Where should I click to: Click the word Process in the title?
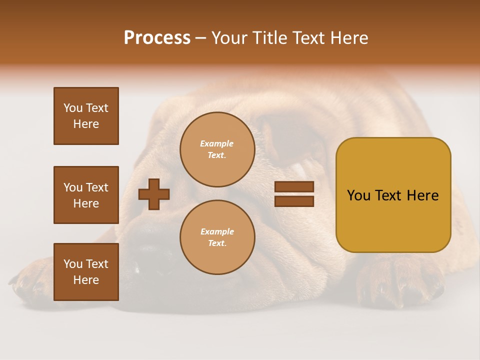157,38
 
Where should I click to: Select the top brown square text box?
86,116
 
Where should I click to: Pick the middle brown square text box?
86,195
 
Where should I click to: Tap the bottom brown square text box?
86,272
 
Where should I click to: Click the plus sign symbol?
154,194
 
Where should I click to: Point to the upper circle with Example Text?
217,149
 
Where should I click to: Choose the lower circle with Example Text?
217,237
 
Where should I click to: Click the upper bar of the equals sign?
294,186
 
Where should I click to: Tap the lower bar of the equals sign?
294,201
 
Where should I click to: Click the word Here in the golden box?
422,195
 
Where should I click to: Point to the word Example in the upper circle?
217,144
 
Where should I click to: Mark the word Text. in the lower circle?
217,243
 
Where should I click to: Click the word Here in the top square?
86,124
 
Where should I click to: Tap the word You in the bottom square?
73,264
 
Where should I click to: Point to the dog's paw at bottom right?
400,282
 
